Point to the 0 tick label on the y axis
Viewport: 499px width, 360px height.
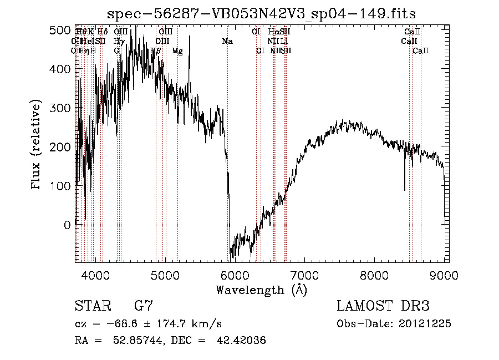tap(67, 225)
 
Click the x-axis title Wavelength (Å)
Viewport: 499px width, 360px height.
tap(261, 290)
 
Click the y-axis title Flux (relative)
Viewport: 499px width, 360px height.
tap(37, 145)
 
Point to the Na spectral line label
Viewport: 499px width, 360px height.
tap(227, 41)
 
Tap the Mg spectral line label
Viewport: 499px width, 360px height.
tap(177, 50)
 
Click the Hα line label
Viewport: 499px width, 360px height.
tap(272, 32)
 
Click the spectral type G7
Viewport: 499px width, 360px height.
tap(144, 306)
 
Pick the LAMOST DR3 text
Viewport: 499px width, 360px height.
tap(383, 306)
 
